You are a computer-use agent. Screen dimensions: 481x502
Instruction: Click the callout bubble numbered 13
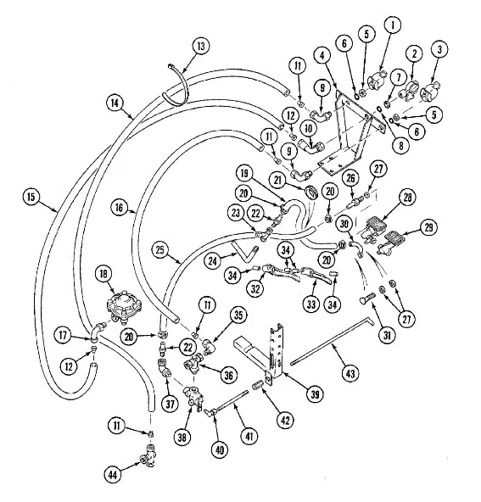[x=201, y=46]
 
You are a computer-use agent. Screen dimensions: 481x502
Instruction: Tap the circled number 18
[x=104, y=274]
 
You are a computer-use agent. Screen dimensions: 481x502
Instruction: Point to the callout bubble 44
[x=113, y=474]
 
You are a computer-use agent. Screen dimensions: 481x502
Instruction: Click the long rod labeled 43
[x=332, y=340]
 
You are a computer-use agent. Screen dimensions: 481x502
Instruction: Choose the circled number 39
[x=315, y=394]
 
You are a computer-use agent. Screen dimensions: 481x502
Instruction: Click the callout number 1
[x=393, y=25]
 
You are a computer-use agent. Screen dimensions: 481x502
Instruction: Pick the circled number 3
[x=439, y=50]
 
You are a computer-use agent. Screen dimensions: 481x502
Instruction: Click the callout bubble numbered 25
[x=160, y=250]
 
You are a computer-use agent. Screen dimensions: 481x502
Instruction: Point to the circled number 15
[x=31, y=196]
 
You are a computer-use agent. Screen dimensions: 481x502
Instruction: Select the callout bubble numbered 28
[x=407, y=198]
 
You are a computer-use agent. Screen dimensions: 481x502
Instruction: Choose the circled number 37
[x=170, y=404]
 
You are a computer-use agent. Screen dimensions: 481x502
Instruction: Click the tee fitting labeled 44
[x=148, y=455]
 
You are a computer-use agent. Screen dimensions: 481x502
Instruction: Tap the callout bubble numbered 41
[x=249, y=437]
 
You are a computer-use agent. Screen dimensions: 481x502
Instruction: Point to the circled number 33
[x=311, y=304]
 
